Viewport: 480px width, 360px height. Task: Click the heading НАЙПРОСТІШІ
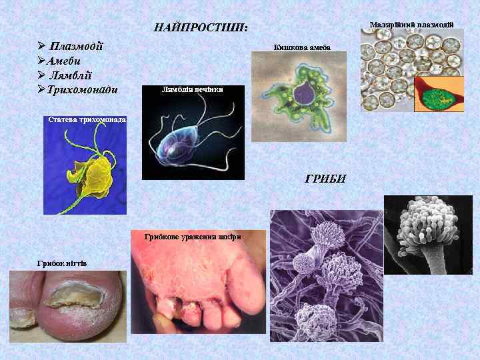(x=200, y=28)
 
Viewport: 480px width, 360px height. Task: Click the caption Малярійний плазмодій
(x=411, y=25)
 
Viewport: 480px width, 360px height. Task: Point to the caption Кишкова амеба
(x=302, y=47)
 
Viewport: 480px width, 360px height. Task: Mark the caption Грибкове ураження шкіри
(x=193, y=237)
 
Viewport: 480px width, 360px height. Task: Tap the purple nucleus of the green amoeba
(x=307, y=95)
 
